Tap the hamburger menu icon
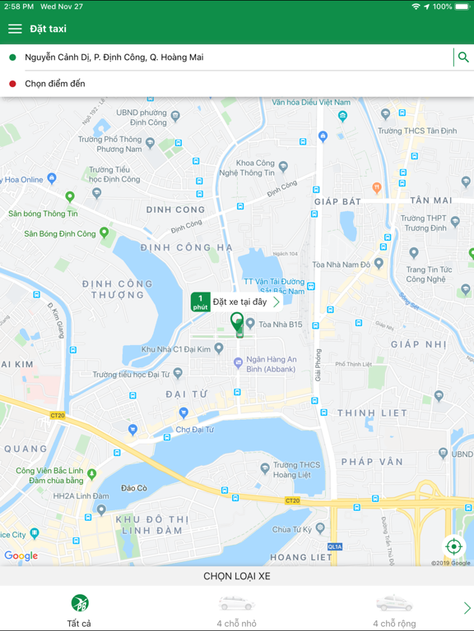click(x=15, y=29)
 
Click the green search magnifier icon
click(x=463, y=58)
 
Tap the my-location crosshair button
click(x=453, y=546)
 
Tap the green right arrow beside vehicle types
click(x=467, y=608)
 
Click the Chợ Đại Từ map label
click(x=194, y=429)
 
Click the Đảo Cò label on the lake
click(x=133, y=488)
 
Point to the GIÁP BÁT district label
click(x=337, y=201)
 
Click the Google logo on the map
click(x=21, y=556)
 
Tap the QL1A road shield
click(x=335, y=546)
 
